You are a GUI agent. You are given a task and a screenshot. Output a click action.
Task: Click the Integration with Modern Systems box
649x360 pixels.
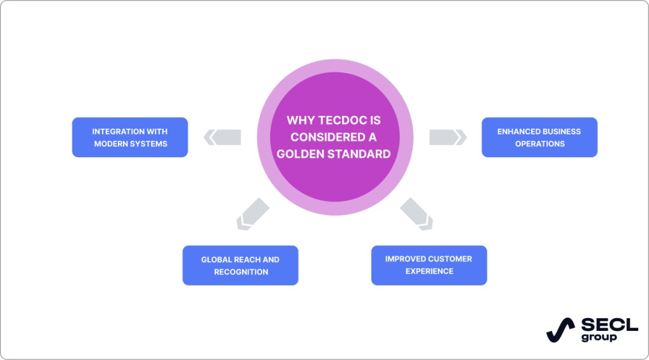pos(130,138)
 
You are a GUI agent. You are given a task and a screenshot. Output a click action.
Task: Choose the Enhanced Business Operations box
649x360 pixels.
pos(539,138)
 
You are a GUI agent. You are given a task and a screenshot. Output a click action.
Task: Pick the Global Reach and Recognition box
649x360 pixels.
pos(240,266)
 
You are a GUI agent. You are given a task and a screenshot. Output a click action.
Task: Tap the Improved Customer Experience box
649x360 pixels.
pos(428,265)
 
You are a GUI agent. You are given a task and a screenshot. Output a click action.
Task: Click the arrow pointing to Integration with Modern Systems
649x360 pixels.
pos(222,137)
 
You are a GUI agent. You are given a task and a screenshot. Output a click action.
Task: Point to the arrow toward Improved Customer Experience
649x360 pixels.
pos(417,212)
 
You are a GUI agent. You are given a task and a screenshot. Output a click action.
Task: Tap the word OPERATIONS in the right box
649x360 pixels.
pos(539,144)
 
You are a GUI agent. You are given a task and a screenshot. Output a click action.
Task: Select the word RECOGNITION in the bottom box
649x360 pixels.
pos(241,272)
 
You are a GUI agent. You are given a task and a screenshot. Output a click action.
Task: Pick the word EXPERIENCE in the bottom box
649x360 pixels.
pos(429,271)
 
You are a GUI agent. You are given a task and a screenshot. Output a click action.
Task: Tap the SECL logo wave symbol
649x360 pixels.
pos(560,330)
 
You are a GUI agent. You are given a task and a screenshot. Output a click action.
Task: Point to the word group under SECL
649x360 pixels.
pos(598,337)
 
